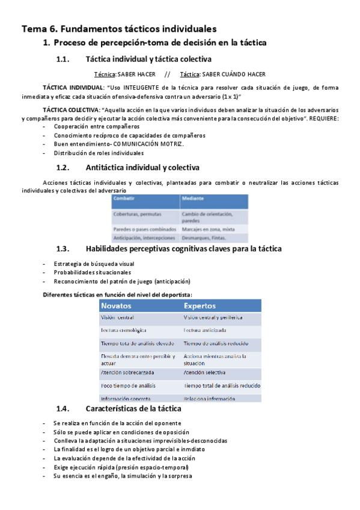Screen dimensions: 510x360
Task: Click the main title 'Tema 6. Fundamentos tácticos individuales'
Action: (x=119, y=28)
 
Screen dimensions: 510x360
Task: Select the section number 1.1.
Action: (x=63, y=59)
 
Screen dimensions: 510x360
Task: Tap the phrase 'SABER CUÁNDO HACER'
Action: (x=234, y=74)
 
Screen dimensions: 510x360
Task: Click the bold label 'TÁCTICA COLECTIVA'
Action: (x=70, y=111)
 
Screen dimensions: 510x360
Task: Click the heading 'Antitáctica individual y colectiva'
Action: (x=142, y=167)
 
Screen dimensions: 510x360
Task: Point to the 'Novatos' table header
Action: (x=118, y=306)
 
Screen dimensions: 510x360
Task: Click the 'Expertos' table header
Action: (x=200, y=306)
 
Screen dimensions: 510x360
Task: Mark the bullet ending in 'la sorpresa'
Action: (x=123, y=476)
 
